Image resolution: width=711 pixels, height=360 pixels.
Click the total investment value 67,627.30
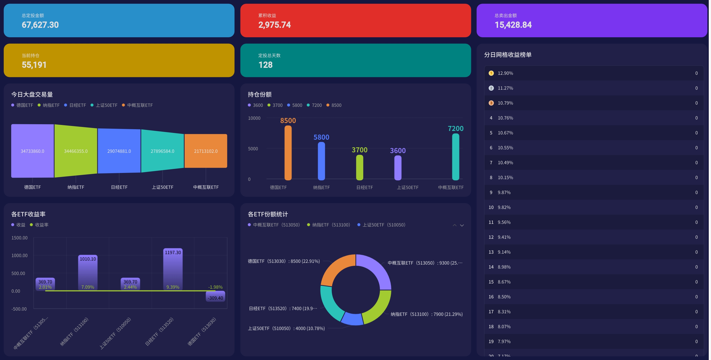[x=40, y=25]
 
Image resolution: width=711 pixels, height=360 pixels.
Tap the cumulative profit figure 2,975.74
[x=274, y=25]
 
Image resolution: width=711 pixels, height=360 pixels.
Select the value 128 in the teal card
[x=265, y=65]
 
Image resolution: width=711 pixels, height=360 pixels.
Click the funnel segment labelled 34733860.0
[x=32, y=151]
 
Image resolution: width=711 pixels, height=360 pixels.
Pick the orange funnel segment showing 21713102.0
[x=206, y=151]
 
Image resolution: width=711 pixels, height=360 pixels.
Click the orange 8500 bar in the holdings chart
[x=288, y=153]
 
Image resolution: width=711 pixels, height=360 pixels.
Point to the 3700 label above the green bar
[x=359, y=150]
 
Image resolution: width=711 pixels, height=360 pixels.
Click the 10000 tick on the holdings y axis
[x=254, y=118]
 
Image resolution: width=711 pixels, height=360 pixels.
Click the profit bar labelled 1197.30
[x=173, y=269]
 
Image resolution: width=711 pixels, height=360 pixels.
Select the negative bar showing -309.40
[x=215, y=296]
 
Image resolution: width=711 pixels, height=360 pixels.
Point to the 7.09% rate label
[x=88, y=287]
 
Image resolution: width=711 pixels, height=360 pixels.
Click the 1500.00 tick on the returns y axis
[x=19, y=238]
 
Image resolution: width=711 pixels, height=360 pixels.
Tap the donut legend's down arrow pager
[x=462, y=225]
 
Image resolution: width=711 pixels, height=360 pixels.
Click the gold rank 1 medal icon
[x=491, y=73]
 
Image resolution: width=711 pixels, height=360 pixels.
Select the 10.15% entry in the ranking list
[x=505, y=177]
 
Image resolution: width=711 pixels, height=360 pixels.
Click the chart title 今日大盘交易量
[x=32, y=94]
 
